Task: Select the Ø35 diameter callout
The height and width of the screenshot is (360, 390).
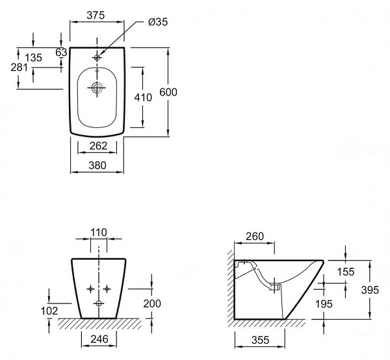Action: (x=158, y=21)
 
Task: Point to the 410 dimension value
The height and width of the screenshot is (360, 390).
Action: (x=142, y=97)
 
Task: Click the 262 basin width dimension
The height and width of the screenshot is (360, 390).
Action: (x=97, y=146)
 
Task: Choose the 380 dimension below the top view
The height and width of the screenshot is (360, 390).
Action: (x=97, y=165)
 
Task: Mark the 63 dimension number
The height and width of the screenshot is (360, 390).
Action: (x=62, y=53)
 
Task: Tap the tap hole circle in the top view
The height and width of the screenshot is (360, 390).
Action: (x=97, y=57)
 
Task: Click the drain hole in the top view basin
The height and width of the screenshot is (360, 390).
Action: (x=97, y=88)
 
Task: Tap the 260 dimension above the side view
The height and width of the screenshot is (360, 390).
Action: (x=255, y=237)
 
